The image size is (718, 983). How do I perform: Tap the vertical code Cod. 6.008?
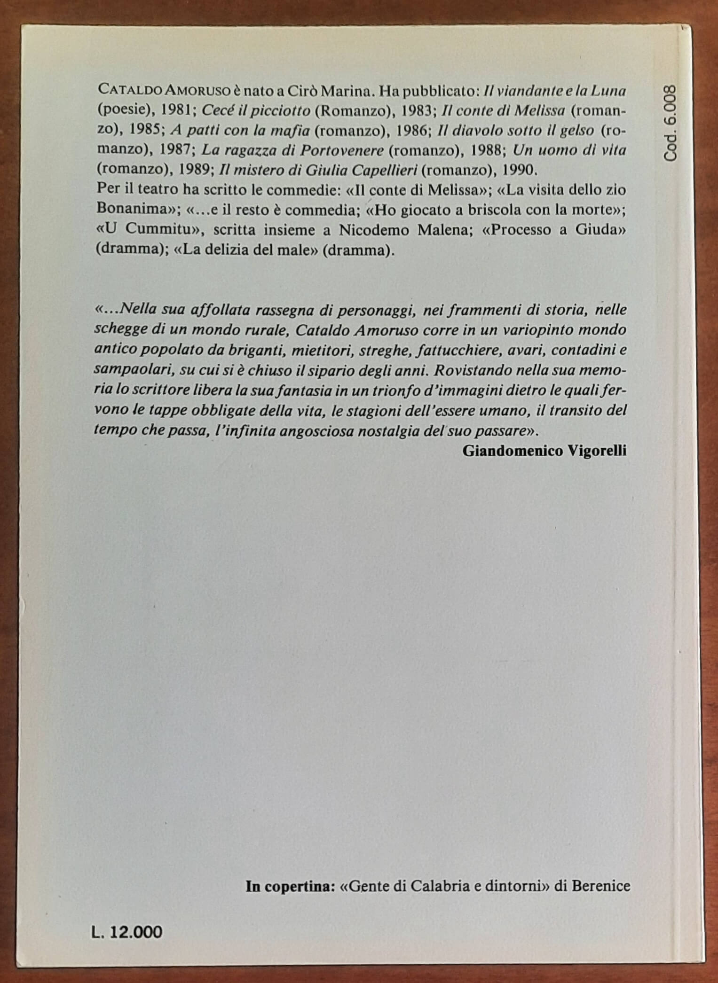671,124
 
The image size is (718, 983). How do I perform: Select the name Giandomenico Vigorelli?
544,451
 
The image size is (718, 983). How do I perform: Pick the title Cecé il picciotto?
256,110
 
